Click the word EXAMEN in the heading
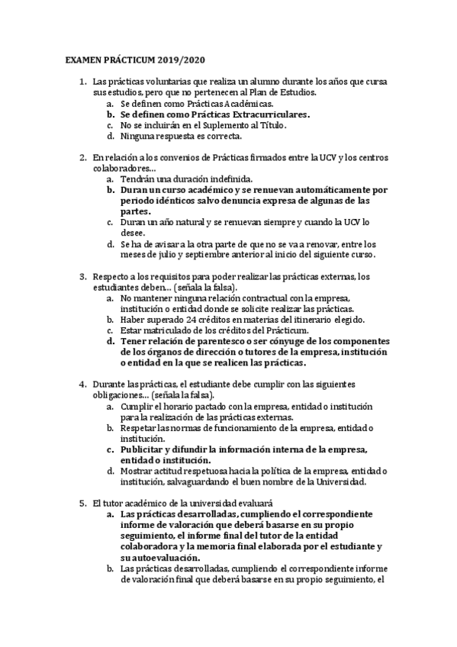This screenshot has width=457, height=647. [80, 59]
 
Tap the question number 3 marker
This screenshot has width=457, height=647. [82, 275]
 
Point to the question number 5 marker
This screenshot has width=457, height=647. [82, 504]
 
